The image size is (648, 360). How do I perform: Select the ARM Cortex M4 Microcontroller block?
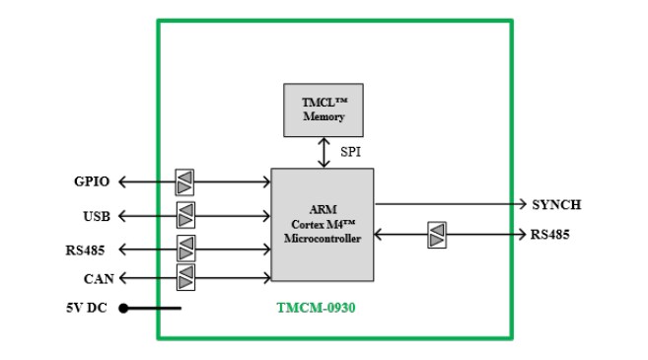click(x=323, y=224)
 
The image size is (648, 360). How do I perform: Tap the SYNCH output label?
click(x=555, y=205)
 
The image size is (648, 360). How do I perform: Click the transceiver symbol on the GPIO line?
click(x=184, y=182)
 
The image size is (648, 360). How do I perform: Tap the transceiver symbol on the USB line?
click(x=185, y=215)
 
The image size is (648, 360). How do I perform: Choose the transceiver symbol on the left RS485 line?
click(x=185, y=249)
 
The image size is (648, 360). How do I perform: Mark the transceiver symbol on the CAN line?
click(x=185, y=279)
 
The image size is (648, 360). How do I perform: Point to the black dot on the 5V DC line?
click(x=124, y=308)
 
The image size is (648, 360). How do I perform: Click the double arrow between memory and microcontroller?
click(x=323, y=152)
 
